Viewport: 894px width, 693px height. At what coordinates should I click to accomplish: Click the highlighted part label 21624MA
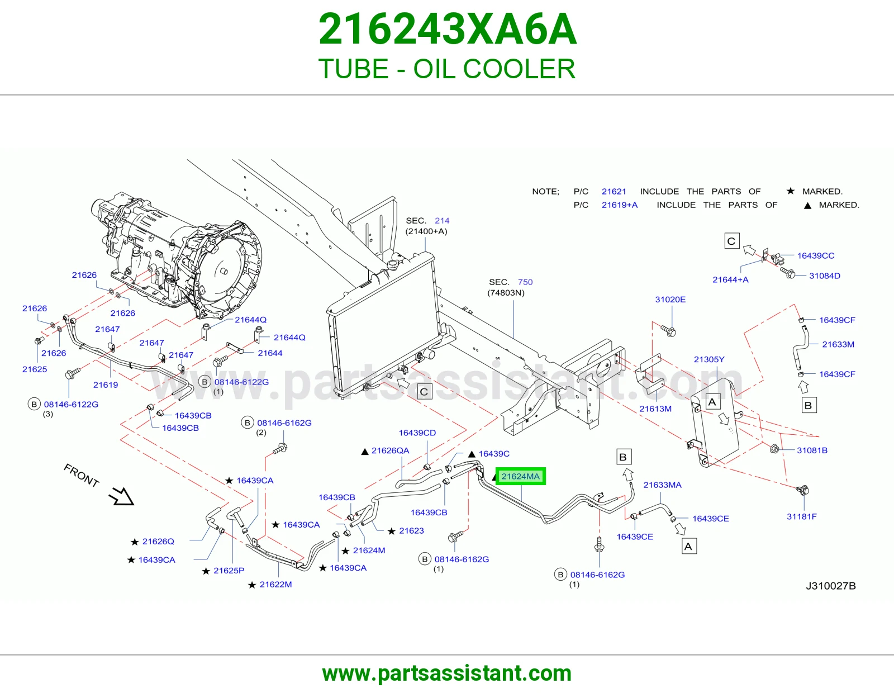tap(520, 476)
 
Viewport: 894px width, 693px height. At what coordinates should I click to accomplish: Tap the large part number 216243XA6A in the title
tap(447, 29)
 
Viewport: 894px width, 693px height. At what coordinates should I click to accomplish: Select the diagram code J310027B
tap(831, 586)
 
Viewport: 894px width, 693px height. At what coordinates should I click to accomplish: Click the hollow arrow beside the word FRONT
tap(122, 496)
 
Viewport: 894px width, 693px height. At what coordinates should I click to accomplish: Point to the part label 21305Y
tap(709, 359)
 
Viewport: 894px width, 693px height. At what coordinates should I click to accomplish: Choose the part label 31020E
tap(670, 299)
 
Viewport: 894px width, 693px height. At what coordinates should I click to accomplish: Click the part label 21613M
tap(655, 409)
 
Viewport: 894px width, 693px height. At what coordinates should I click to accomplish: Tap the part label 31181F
tap(802, 516)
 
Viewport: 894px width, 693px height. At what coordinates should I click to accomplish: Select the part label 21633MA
tap(662, 485)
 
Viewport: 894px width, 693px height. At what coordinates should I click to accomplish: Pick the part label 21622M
tap(275, 585)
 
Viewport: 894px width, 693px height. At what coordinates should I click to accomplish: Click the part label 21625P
tap(229, 571)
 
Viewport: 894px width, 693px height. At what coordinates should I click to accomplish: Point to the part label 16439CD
tap(417, 433)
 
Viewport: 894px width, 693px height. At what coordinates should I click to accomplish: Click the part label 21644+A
tap(731, 279)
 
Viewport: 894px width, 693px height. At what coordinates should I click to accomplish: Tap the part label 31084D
tap(825, 276)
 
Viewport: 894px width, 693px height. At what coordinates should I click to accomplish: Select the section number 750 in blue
tap(525, 282)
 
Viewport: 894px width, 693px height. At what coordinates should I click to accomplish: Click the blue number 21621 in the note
tap(614, 191)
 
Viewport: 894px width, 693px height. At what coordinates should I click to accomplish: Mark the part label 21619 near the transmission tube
tap(105, 385)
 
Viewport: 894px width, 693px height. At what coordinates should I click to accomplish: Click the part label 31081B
tap(812, 450)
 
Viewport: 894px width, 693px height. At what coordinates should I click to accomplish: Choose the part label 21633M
tap(838, 344)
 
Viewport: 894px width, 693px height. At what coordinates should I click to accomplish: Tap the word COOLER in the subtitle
tap(519, 69)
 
